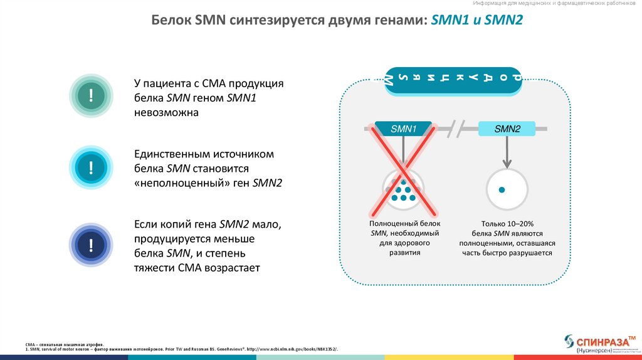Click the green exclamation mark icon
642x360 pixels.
tap(91, 95)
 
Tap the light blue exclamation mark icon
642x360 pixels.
tap(91, 167)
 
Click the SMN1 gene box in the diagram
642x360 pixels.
tap(403, 129)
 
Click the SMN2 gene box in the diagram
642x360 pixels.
tap(507, 129)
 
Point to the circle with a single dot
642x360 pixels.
tap(507, 189)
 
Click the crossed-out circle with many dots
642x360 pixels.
tap(403, 189)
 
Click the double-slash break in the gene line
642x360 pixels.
tap(461, 130)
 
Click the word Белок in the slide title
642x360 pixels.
tap(172, 21)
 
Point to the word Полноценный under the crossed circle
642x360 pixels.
tap(392, 223)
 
